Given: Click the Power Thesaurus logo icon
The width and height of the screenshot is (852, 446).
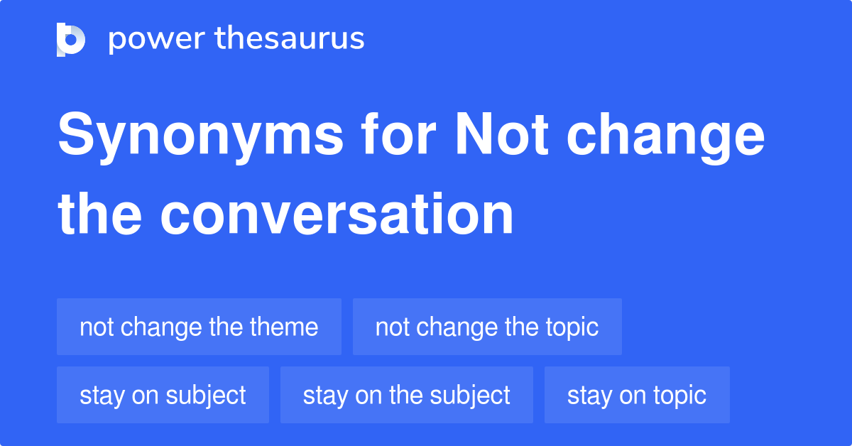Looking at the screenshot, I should [x=71, y=39].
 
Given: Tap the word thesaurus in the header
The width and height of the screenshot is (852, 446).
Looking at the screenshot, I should [x=290, y=39].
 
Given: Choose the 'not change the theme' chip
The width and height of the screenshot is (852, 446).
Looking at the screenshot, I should [x=199, y=327].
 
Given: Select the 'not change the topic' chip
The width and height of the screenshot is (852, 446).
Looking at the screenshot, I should [x=487, y=327].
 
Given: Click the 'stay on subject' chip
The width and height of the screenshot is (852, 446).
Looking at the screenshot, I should [x=163, y=395].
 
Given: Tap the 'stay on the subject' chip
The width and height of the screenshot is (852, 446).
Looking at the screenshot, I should [x=406, y=395].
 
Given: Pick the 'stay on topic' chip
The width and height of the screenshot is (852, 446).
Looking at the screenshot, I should [x=637, y=395].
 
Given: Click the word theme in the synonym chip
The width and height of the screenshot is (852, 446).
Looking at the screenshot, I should [x=284, y=327].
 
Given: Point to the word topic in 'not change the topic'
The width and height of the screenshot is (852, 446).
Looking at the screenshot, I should [x=572, y=327].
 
